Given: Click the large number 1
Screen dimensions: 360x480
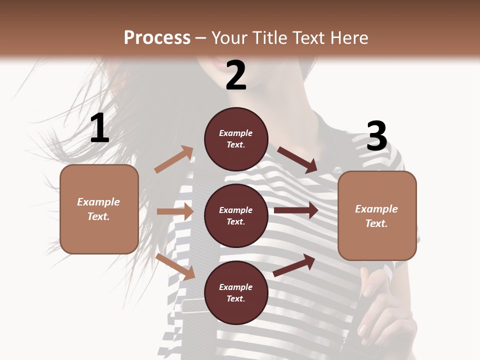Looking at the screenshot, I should [100, 128].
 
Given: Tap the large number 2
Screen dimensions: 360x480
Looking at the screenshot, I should [236, 75].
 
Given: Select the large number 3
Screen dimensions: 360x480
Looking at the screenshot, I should [377, 136].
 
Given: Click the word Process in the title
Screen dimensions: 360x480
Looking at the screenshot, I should [157, 37].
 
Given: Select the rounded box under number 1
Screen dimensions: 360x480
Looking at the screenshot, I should [99, 209].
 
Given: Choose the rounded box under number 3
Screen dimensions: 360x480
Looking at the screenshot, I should [377, 215].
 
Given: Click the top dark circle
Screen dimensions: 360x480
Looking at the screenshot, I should [236, 139].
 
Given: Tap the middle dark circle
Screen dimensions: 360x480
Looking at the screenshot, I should [236, 216].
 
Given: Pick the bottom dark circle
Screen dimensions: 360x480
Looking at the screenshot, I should [236, 293].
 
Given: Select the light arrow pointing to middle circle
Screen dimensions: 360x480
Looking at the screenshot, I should [175, 211].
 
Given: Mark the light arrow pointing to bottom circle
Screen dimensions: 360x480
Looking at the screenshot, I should [175, 266].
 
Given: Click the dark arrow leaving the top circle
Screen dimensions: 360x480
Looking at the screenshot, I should [297, 159].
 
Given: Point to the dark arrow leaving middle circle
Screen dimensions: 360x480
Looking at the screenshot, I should [296, 210].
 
